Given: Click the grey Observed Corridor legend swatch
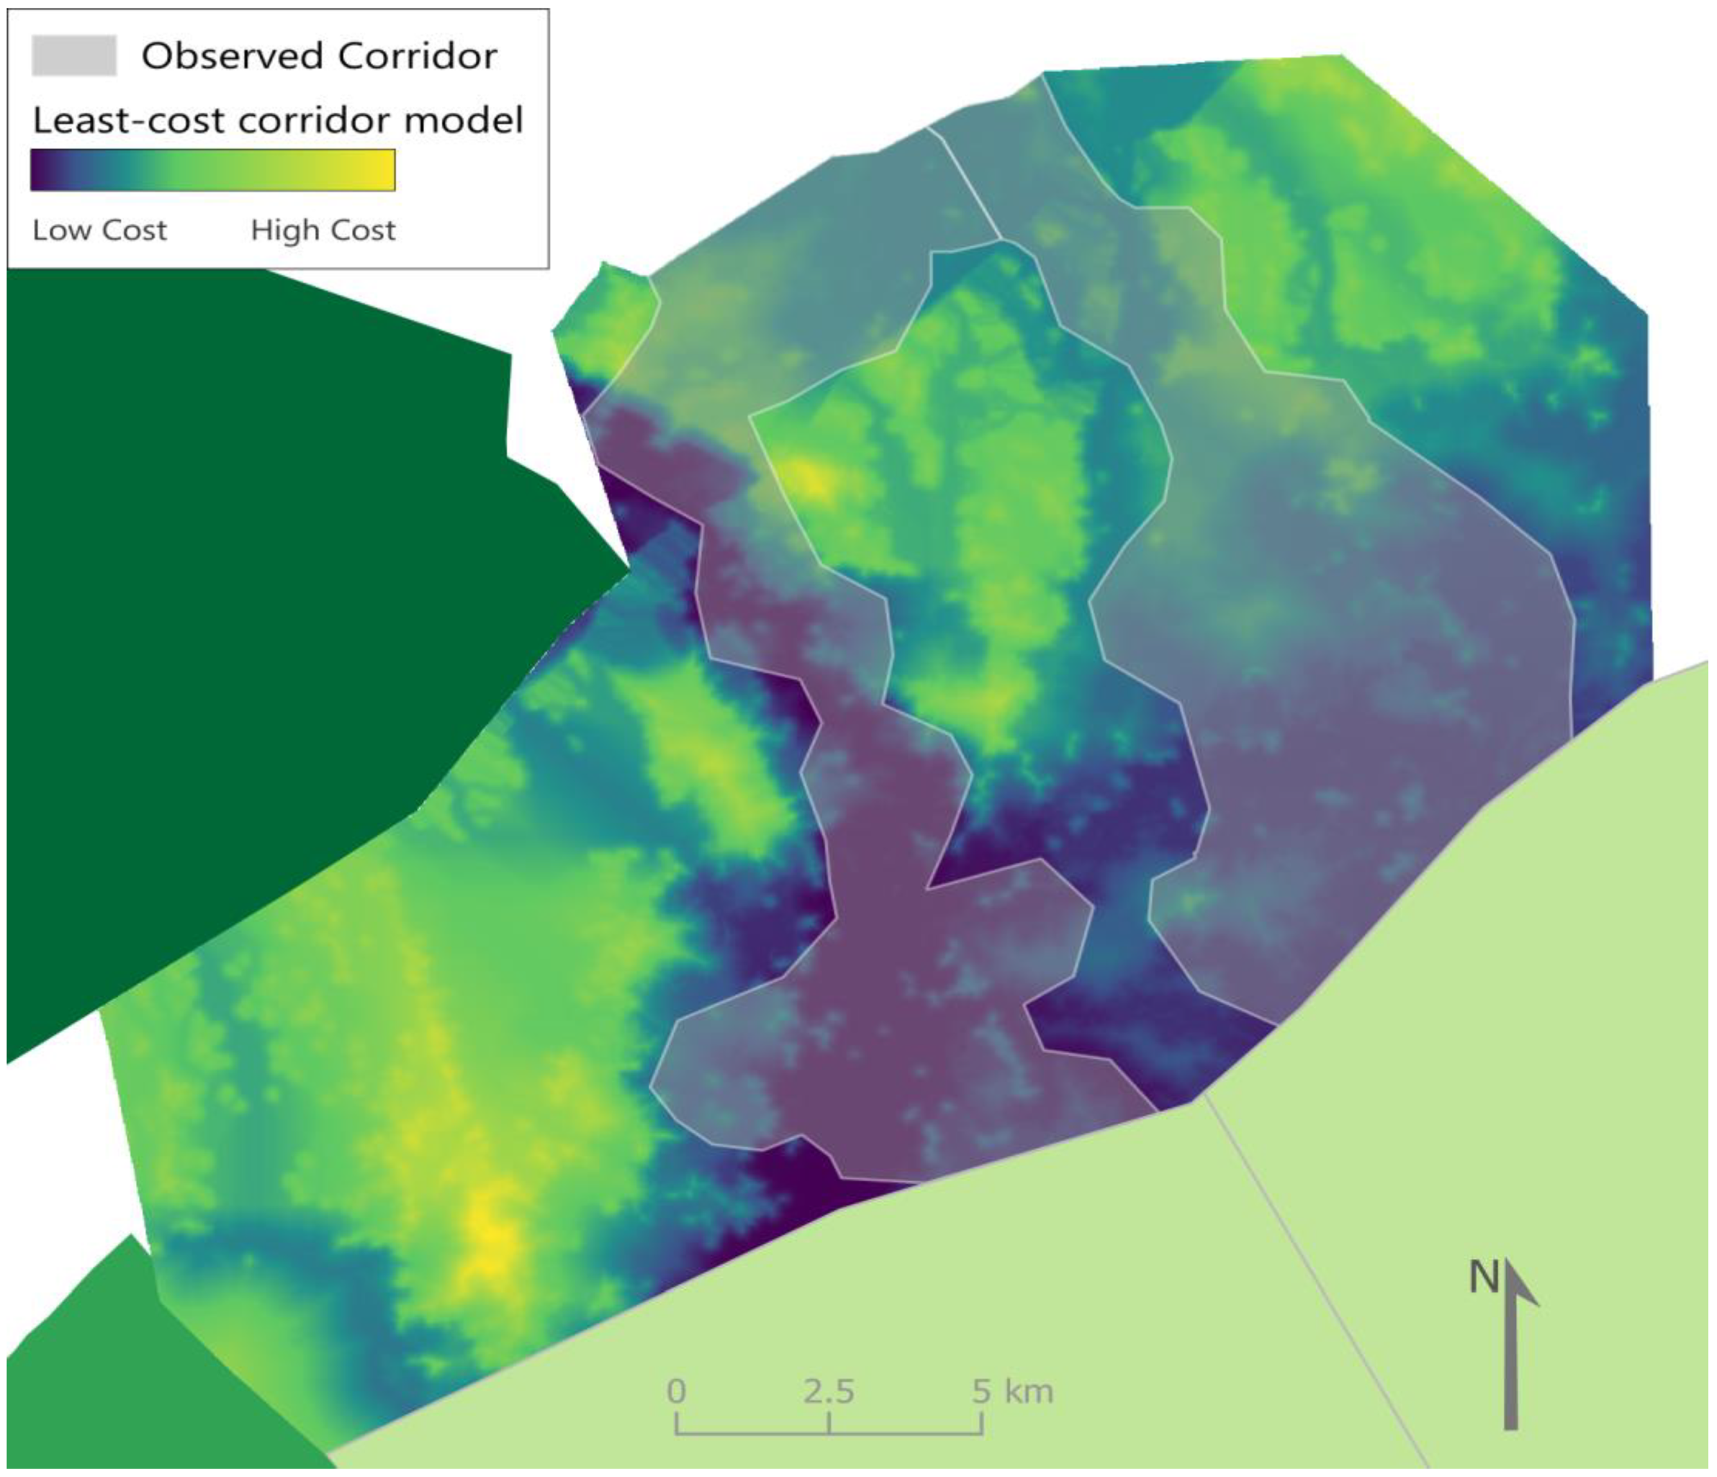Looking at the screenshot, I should pos(74,57).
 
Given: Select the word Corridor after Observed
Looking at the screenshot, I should pos(418,57).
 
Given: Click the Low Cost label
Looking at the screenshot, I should pos(100,230).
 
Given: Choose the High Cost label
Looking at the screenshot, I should pos(323,230).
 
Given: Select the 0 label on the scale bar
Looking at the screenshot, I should pos(676,1391).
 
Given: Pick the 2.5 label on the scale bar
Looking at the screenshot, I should pos(829,1391).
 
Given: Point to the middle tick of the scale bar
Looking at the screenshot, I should pos(829,1422).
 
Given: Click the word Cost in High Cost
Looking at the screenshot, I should pos(361,230).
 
